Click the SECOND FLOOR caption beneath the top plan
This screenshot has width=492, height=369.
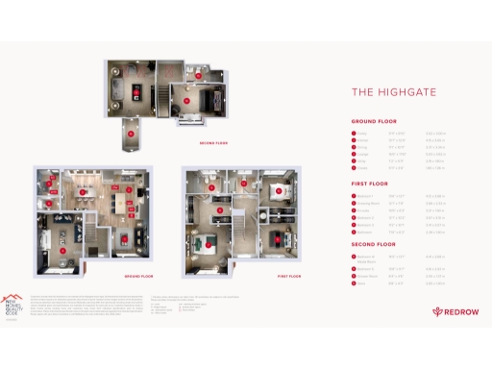pyautogui.click(x=213, y=143)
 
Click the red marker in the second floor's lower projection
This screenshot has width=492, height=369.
pyautogui.click(x=131, y=135)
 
